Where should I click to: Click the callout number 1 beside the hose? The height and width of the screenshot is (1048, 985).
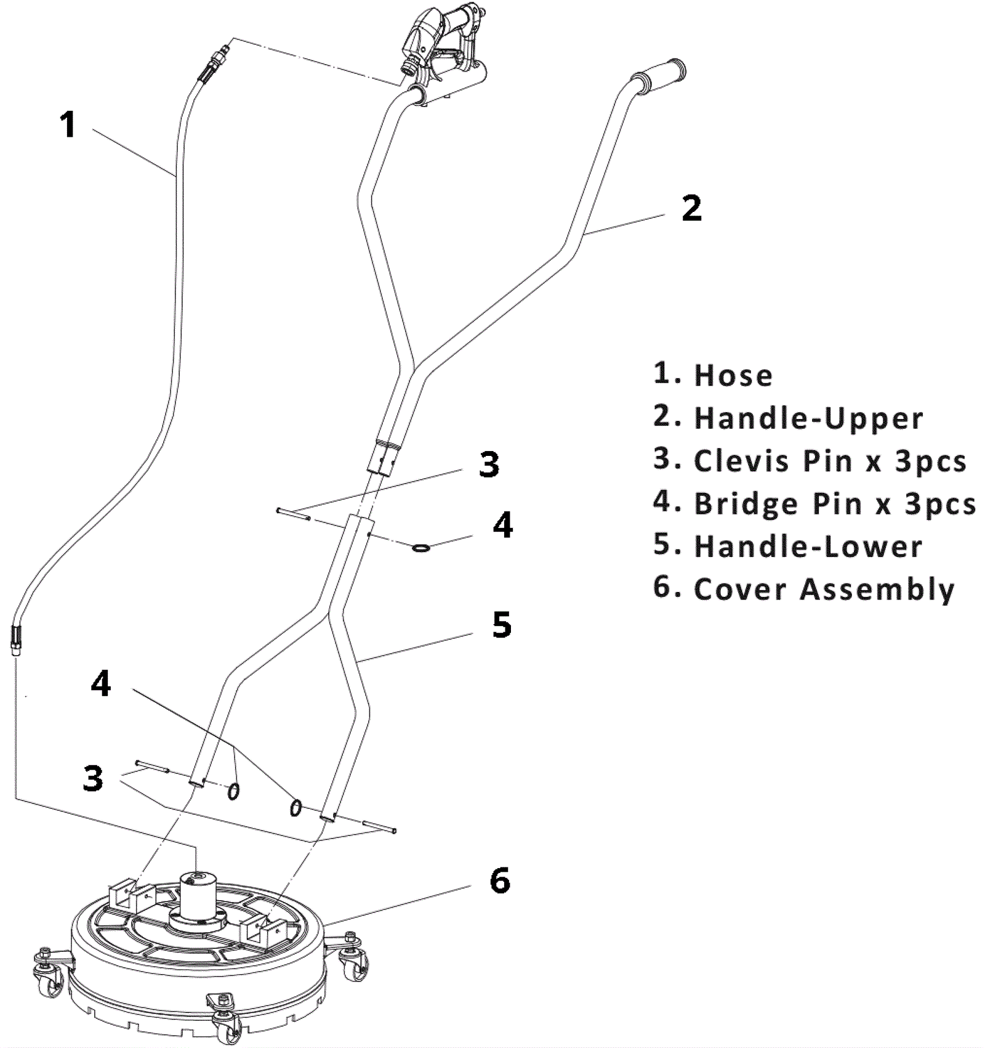pos(68,124)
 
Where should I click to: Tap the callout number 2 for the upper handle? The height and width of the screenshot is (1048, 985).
pos(691,208)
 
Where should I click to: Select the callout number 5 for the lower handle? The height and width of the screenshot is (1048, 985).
pos(502,625)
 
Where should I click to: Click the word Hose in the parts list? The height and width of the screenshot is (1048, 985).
pos(733,376)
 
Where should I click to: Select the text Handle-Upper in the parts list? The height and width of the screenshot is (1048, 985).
pos(809,418)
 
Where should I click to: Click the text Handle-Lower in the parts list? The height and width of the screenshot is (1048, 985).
pos(808,546)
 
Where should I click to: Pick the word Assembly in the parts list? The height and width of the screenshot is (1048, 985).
pos(877,590)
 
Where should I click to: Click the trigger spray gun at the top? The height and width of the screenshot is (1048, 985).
pos(440,46)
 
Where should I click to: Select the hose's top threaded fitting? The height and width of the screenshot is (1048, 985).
pos(216,59)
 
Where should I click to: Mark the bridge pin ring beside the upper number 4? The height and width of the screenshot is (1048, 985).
pos(421,547)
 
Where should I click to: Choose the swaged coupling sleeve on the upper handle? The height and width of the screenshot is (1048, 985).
pos(386,458)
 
